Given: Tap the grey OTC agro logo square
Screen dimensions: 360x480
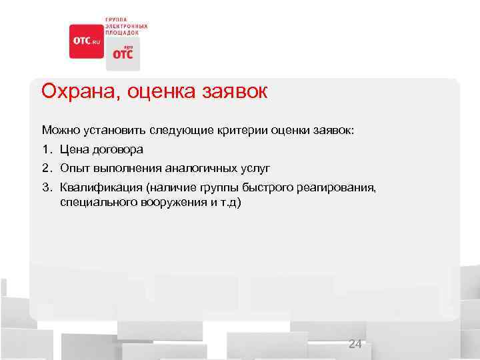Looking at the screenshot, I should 123,54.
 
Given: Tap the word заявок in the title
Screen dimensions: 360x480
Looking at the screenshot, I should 233,91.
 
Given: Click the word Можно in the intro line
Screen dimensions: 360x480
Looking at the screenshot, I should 59,129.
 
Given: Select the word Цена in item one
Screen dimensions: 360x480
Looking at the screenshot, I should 72,149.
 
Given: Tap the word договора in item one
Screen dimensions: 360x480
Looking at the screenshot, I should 115,149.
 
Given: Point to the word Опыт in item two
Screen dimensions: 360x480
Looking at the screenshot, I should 72,168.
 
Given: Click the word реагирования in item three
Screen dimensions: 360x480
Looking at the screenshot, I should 338,188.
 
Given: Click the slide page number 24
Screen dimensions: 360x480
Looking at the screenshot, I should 355,344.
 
